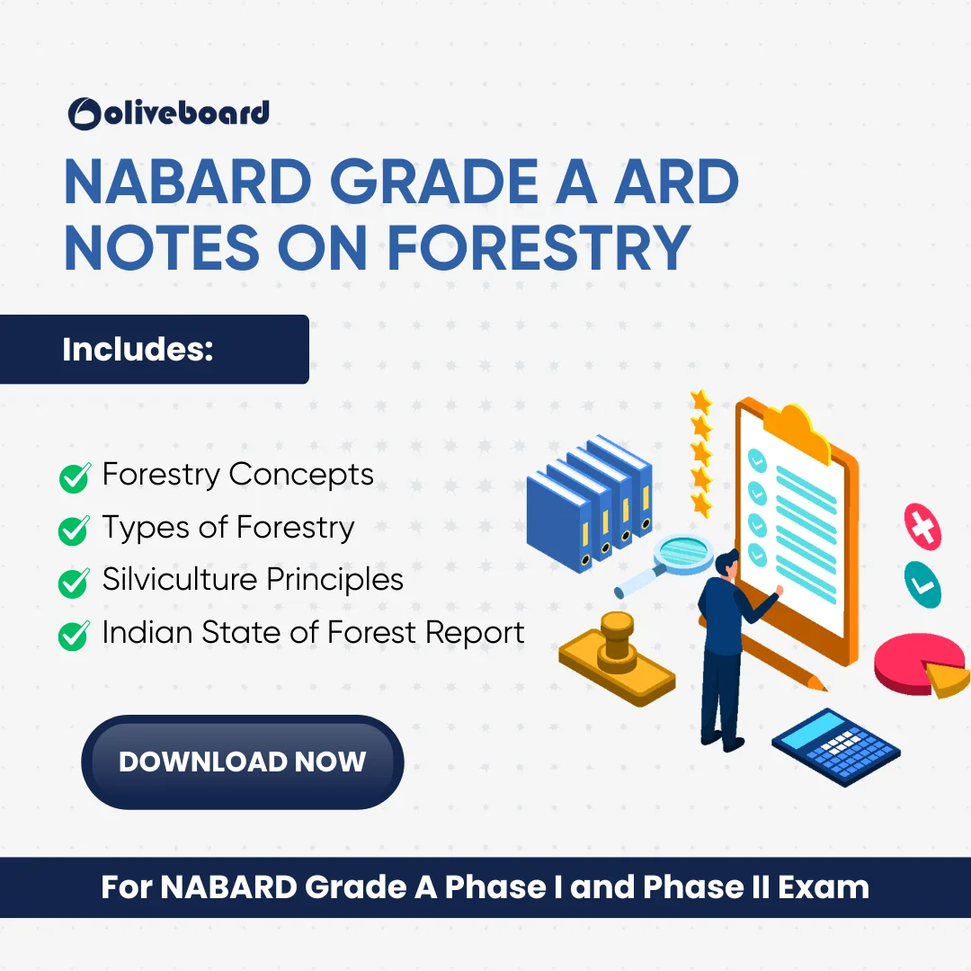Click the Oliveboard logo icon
click(85, 114)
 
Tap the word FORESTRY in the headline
click(539, 248)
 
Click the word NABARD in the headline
click(188, 182)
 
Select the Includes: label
click(138, 349)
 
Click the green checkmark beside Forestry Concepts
click(75, 478)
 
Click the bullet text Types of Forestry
click(228, 529)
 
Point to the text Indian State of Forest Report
click(314, 632)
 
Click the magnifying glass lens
click(684, 553)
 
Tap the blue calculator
click(836, 747)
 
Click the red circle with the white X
click(922, 527)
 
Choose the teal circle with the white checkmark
click(922, 584)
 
